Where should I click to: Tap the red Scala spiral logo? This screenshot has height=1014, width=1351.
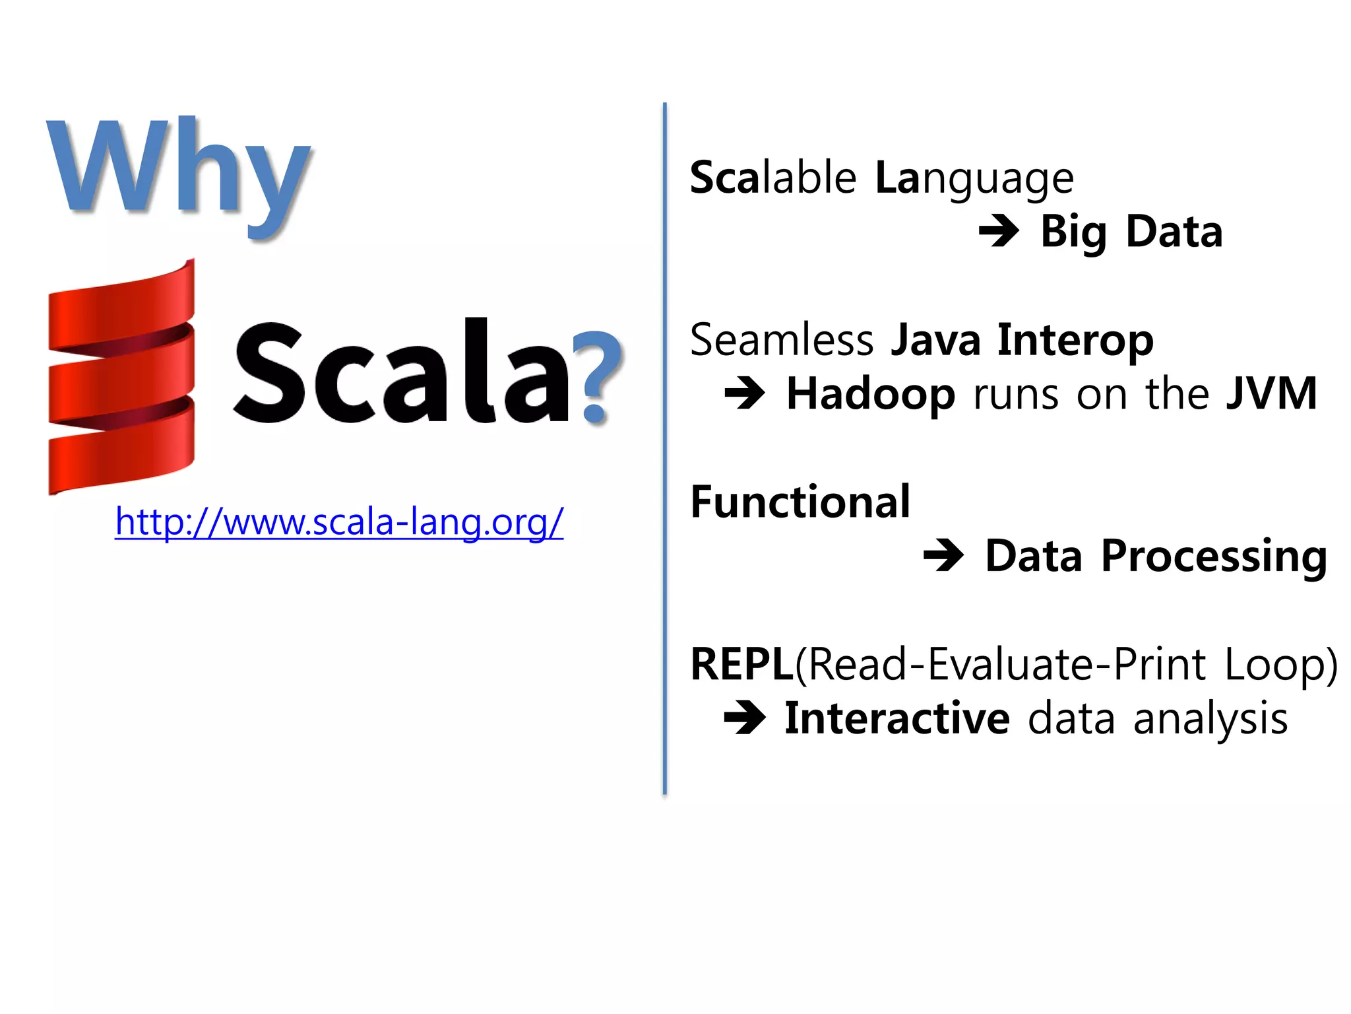coord(122,376)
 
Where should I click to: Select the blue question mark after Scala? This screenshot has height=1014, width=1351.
coord(596,376)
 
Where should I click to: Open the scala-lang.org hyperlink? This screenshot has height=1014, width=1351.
coord(339,522)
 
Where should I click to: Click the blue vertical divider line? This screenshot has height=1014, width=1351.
coord(664,449)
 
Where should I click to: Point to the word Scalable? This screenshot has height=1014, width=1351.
coord(773,178)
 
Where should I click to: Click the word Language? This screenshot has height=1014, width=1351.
coord(974,178)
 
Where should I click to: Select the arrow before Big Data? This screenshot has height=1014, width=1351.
coord(999,232)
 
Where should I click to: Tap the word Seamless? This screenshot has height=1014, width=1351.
coord(782,340)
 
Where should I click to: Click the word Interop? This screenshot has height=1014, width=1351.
coord(1075,340)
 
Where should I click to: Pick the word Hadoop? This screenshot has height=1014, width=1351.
coord(871,394)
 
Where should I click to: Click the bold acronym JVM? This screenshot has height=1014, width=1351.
coord(1271,393)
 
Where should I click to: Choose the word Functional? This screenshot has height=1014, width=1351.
coord(800,502)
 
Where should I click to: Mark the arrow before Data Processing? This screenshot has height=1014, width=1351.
coord(943,556)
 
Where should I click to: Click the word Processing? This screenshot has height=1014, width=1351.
coord(1214,557)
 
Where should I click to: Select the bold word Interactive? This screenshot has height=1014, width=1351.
coord(897,718)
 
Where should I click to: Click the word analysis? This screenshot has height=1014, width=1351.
coord(1210,718)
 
